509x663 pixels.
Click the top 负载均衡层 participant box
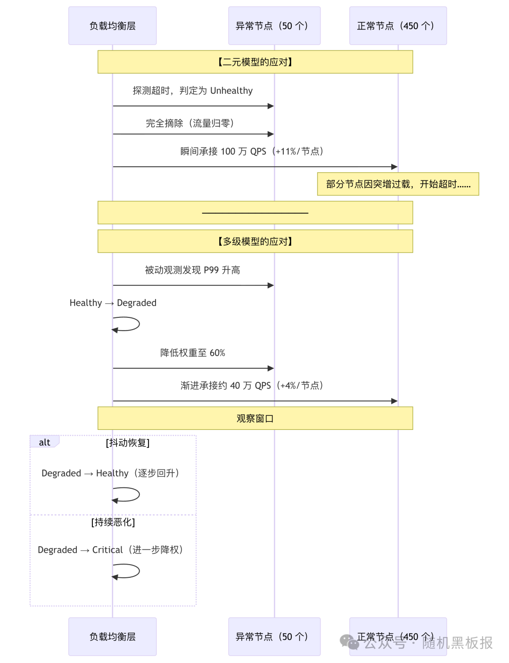click(112, 26)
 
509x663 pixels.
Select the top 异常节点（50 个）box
click(274, 26)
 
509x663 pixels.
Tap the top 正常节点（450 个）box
click(398, 26)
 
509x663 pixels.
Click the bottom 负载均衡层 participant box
click(112, 637)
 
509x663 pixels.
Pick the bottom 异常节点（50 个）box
click(274, 637)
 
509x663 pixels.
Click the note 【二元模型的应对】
click(255, 62)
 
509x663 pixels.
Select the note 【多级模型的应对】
click(255, 242)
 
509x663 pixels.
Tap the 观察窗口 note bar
click(255, 419)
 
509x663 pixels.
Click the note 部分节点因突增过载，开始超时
click(398, 184)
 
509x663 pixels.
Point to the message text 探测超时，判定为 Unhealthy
click(192, 91)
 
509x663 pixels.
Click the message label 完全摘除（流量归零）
click(190, 123)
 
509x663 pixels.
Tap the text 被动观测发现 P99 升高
click(192, 270)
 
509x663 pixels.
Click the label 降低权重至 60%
click(192, 353)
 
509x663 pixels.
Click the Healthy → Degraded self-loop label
click(113, 303)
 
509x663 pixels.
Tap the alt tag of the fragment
click(44, 442)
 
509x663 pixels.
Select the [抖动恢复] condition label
click(128, 443)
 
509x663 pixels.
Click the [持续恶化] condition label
click(113, 522)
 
